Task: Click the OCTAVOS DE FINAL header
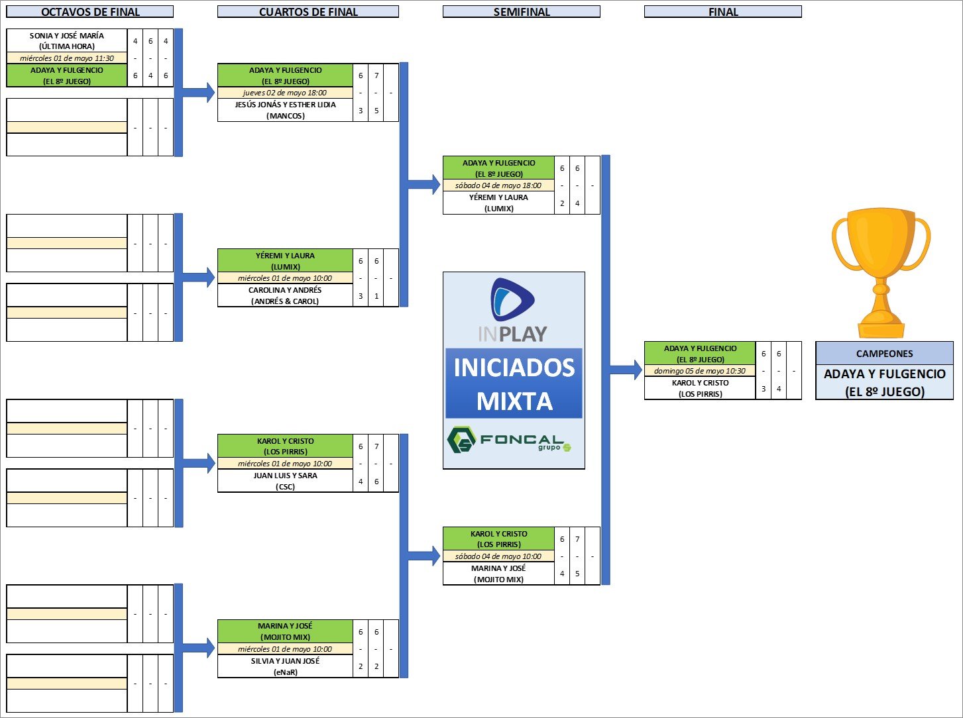(89, 12)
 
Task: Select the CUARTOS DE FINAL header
(308, 12)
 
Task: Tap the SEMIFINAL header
(522, 12)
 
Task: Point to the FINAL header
(723, 12)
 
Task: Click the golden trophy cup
(881, 272)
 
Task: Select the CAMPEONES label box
(884, 354)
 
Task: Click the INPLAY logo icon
(513, 300)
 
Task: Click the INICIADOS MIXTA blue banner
(514, 384)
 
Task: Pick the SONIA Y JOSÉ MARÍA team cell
(66, 40)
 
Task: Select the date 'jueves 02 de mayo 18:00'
(285, 93)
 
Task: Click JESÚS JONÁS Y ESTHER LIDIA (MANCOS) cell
(285, 110)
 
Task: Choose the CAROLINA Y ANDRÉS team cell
(285, 295)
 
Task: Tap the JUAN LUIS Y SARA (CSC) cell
(285, 481)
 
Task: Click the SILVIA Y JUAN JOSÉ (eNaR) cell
(285, 666)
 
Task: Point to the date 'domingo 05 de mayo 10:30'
(700, 371)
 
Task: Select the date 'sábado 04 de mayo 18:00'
(498, 185)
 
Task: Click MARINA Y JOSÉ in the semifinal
(498, 574)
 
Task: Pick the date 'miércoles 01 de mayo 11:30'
(66, 58)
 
